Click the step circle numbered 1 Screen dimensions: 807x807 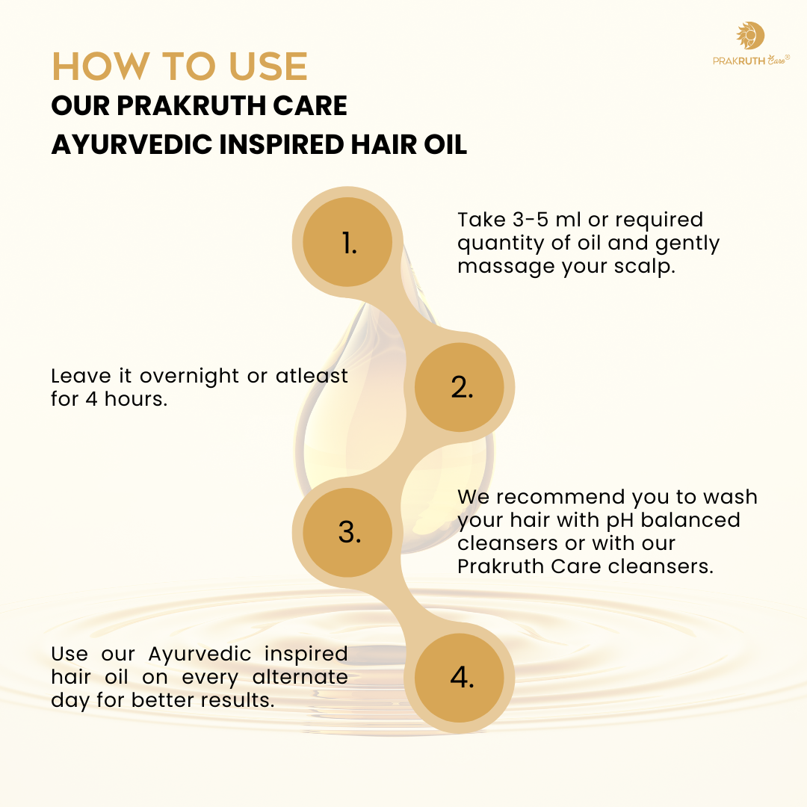tap(349, 242)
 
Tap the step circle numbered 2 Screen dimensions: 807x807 tap(463, 387)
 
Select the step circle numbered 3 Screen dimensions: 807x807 tap(349, 531)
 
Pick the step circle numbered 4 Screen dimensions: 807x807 tap(463, 677)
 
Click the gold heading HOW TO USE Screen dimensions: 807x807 tap(179, 67)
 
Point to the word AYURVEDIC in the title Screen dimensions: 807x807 tap(129, 144)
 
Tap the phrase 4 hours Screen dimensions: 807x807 tap(126, 398)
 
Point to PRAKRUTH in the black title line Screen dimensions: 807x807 tap(184, 105)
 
